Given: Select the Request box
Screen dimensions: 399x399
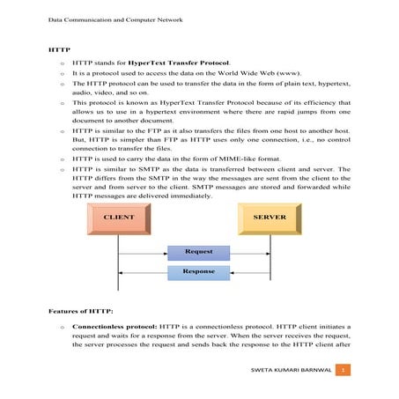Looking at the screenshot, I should click(198, 252).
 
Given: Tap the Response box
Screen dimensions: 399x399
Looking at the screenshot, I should click(198, 272).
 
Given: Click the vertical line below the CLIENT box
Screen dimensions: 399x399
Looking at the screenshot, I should click(118, 264).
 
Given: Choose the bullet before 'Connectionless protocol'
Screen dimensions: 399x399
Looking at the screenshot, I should click(61, 328).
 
